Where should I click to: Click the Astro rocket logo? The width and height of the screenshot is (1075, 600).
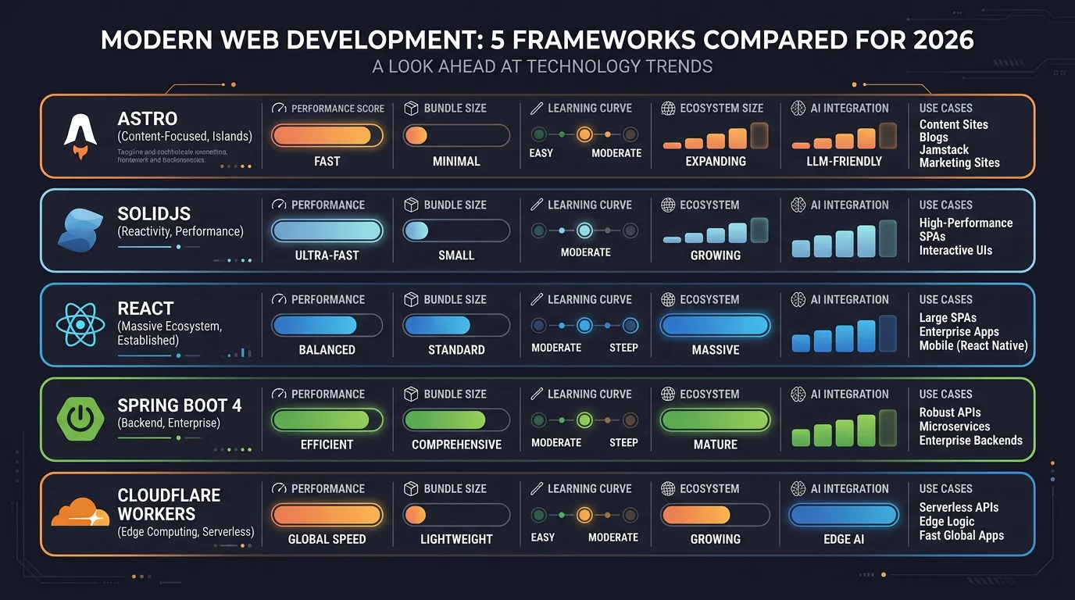pyautogui.click(x=80, y=136)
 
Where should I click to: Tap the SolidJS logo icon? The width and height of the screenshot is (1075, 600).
pyautogui.click(x=78, y=230)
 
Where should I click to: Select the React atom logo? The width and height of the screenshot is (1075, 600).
pyautogui.click(x=78, y=325)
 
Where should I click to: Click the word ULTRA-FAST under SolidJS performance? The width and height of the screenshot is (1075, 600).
pyautogui.click(x=327, y=255)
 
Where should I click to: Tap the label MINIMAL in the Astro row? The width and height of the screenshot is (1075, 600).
pyautogui.click(x=456, y=161)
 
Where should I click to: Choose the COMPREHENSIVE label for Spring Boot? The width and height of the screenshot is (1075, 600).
pyautogui.click(x=456, y=445)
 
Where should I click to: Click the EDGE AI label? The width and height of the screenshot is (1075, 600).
pyautogui.click(x=844, y=539)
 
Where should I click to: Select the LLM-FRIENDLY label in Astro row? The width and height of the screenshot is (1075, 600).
pyautogui.click(x=844, y=161)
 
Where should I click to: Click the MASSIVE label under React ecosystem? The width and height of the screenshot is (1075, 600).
pyautogui.click(x=715, y=350)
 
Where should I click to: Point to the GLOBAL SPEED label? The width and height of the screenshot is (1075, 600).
pyautogui.click(x=327, y=539)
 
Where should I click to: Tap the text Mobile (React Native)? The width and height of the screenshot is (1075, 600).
pyautogui.click(x=973, y=345)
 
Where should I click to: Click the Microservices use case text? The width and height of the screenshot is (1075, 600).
pyautogui.click(x=954, y=427)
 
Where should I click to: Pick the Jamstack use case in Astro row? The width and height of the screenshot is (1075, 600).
pyautogui.click(x=944, y=149)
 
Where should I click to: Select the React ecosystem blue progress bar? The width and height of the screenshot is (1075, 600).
pyautogui.click(x=715, y=325)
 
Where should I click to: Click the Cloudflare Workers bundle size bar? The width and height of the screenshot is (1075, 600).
pyautogui.click(x=456, y=514)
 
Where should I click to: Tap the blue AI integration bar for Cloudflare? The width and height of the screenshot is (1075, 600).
pyautogui.click(x=844, y=514)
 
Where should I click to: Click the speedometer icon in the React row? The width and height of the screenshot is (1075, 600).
pyautogui.click(x=278, y=299)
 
